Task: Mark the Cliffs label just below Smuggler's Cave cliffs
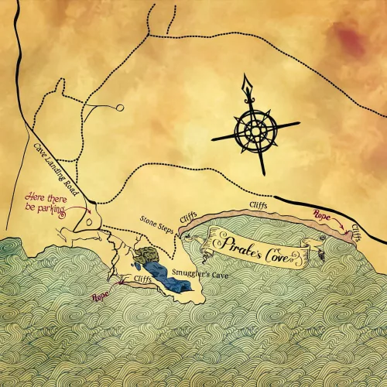[142, 278]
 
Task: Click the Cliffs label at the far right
[355, 231]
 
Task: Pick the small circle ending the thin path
[120, 108]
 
